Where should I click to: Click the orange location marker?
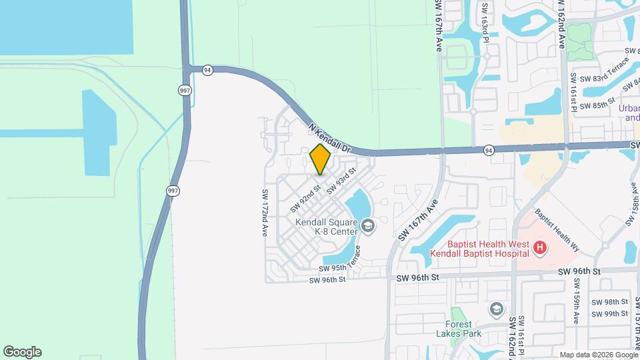point(320,159)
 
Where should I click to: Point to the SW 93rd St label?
point(342,181)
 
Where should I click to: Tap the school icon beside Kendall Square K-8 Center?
point(368,227)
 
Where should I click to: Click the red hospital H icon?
point(541,249)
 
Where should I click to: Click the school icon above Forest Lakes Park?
point(496,309)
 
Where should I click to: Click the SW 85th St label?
point(597,105)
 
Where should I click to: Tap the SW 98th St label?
point(613,302)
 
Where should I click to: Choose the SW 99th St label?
point(613,313)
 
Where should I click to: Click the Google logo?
point(22,352)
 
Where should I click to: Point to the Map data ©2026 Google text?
point(598,355)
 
